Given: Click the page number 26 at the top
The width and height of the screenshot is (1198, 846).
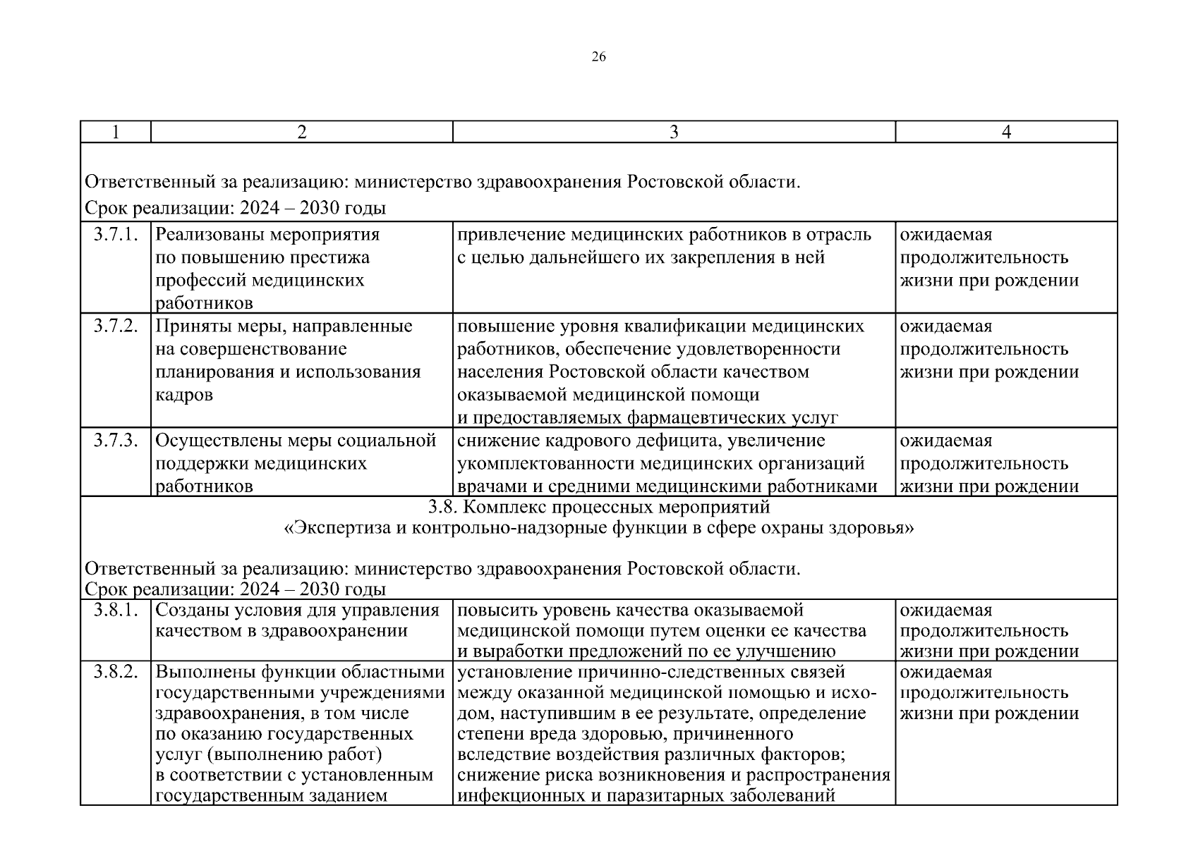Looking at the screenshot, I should (598, 58).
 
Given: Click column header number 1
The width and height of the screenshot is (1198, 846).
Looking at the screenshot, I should (116, 133).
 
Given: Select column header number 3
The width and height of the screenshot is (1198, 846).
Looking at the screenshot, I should (674, 133).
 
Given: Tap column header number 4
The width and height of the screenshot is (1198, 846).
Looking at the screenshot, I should (1006, 133).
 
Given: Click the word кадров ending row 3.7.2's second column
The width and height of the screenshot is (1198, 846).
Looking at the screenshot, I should (183, 395).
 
